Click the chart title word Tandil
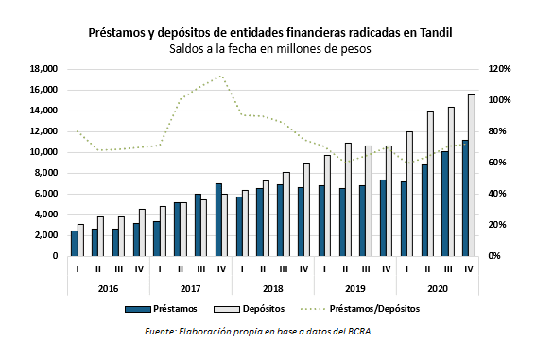pyautogui.click(x=431, y=32)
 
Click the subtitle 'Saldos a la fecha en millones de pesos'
pyautogui.click(x=270, y=48)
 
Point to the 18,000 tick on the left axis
pyautogui.click(x=43, y=69)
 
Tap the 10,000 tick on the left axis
pyautogui.click(x=43, y=152)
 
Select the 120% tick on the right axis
pyautogui.click(x=499, y=69)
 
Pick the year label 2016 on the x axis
pyautogui.click(x=108, y=288)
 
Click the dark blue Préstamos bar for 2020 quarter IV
pyautogui.click(x=465, y=198)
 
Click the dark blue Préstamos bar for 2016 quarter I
pyautogui.click(x=75, y=244)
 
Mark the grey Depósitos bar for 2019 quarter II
pyautogui.click(x=349, y=199)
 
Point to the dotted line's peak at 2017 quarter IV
pyautogui.click(x=221, y=76)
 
